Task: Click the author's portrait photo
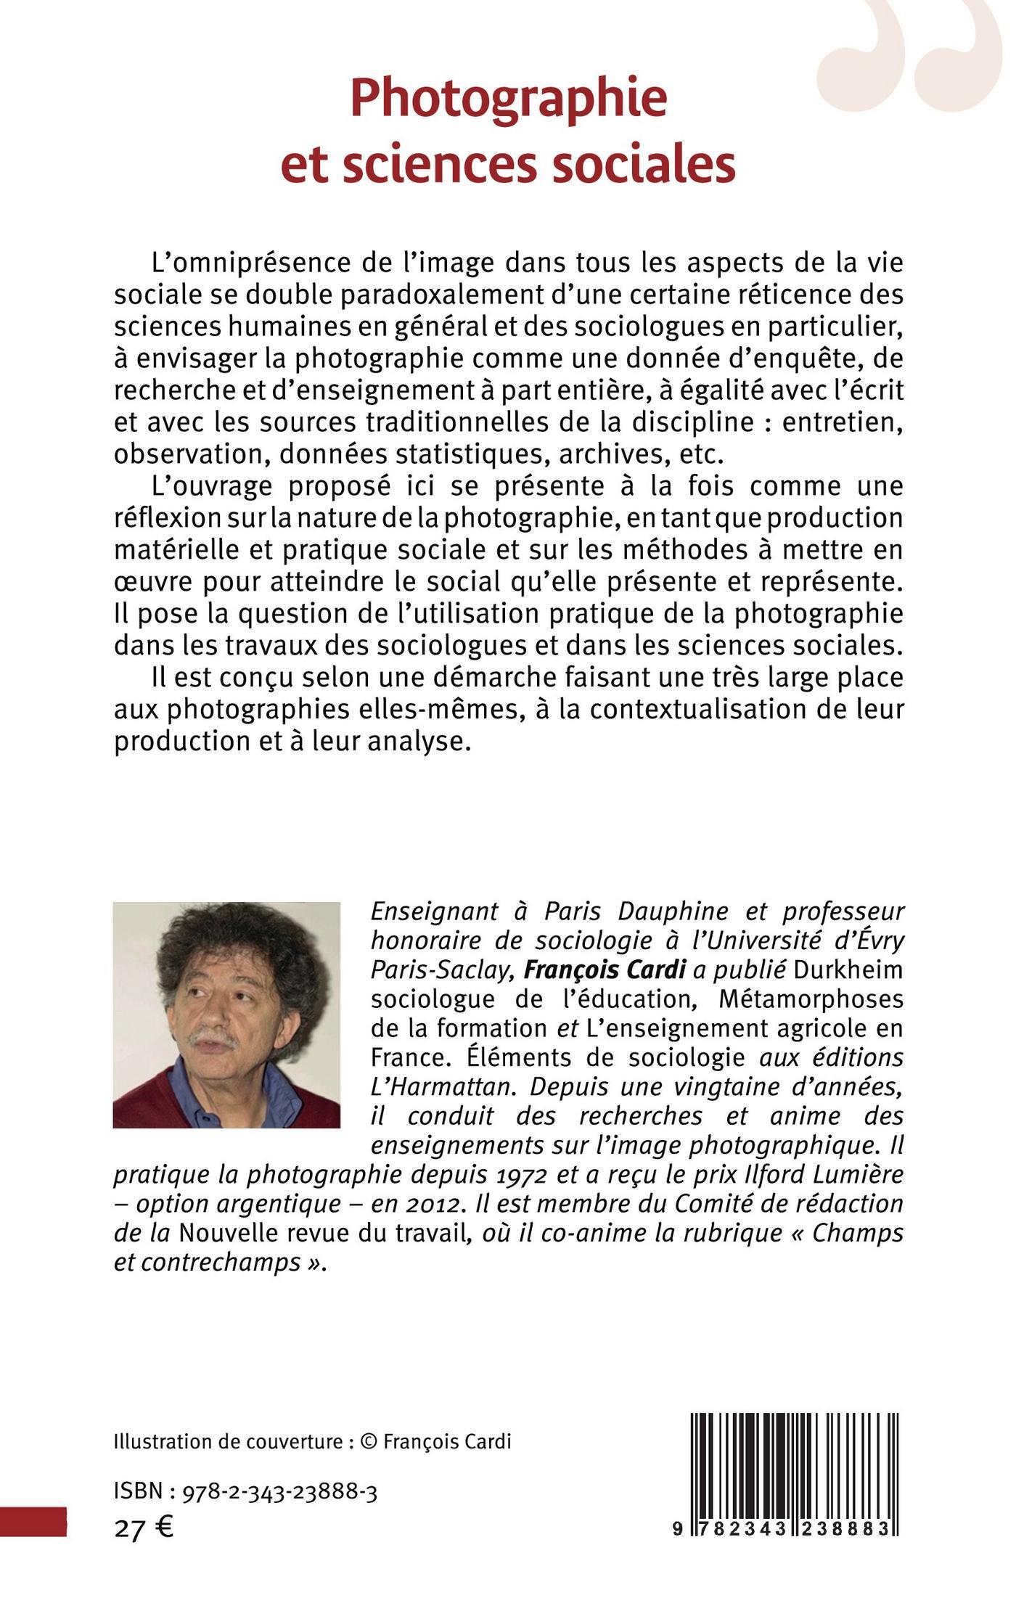(x=226, y=1015)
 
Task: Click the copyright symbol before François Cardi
(x=369, y=1440)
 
